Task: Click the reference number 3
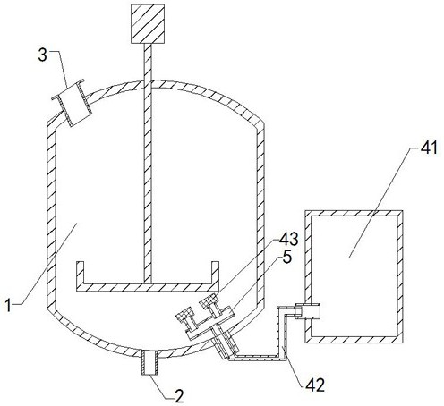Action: click(x=42, y=55)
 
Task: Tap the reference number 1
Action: click(x=9, y=306)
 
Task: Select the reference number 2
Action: click(x=179, y=396)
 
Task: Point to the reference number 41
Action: click(x=429, y=148)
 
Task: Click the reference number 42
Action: click(x=315, y=385)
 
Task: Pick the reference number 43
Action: click(x=288, y=239)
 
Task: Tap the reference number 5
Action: click(x=286, y=257)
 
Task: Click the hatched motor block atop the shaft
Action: click(x=148, y=24)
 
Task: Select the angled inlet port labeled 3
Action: click(x=72, y=103)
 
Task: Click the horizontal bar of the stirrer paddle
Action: click(x=148, y=287)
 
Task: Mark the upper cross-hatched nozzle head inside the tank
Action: click(x=210, y=300)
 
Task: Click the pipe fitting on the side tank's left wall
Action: click(x=307, y=311)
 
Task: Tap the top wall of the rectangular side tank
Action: click(x=354, y=213)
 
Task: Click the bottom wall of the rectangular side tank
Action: click(x=354, y=340)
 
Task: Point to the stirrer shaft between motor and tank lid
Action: click(x=148, y=63)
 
